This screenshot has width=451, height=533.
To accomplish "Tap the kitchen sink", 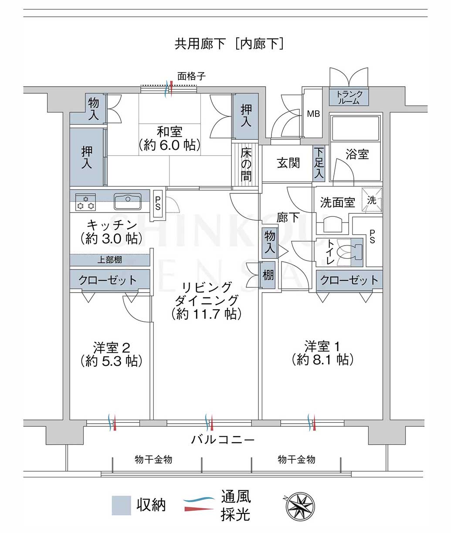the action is coord(128,201).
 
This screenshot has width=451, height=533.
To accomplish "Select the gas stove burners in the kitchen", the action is coord(85,202).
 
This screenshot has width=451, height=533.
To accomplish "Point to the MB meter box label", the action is coord(313,114).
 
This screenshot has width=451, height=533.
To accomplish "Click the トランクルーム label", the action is coord(349,98).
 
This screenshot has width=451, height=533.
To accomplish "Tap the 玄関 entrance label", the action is coord(288,163).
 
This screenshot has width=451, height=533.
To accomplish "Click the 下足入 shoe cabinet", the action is coord(319,163).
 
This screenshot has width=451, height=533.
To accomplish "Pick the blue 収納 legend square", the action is coord(121,505).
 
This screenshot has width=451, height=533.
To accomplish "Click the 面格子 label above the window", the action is coord(191,76).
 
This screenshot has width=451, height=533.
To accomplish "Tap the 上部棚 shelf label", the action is coord(110,260).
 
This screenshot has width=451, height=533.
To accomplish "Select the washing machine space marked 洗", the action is coord(372,200).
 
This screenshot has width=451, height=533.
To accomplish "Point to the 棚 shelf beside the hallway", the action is coord(268,275).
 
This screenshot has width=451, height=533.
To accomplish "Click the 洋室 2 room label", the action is coord(112,348).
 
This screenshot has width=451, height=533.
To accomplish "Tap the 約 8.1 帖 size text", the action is coord(322,360).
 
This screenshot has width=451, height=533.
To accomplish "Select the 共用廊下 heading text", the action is coord(200,44).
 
